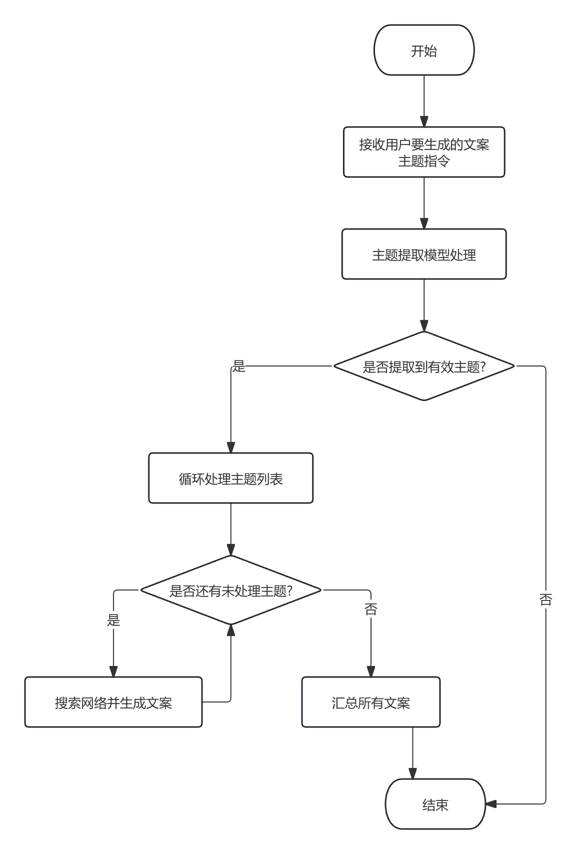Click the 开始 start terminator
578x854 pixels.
pos(423,50)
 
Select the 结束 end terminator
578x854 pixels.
pos(435,804)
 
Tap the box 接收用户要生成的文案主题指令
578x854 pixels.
pos(423,152)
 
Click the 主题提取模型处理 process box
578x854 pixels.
pos(423,254)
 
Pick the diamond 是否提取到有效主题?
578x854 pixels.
pos(423,366)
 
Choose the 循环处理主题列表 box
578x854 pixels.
pos(230,478)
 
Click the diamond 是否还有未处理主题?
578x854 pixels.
pos(230,590)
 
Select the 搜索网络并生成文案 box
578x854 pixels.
pos(113,702)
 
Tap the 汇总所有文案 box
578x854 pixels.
pos(370,702)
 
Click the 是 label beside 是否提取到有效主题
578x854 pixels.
pos(239,366)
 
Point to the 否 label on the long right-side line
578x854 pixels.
pos(545,599)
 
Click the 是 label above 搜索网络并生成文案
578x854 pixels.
pos(113,620)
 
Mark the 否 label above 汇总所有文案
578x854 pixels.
pos(370,609)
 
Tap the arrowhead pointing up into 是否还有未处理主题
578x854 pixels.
pos(230,630)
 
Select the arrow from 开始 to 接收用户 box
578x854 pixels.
pos(424,100)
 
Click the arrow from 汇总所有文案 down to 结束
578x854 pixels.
pos(412,752)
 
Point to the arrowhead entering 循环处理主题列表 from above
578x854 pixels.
pos(230,447)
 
